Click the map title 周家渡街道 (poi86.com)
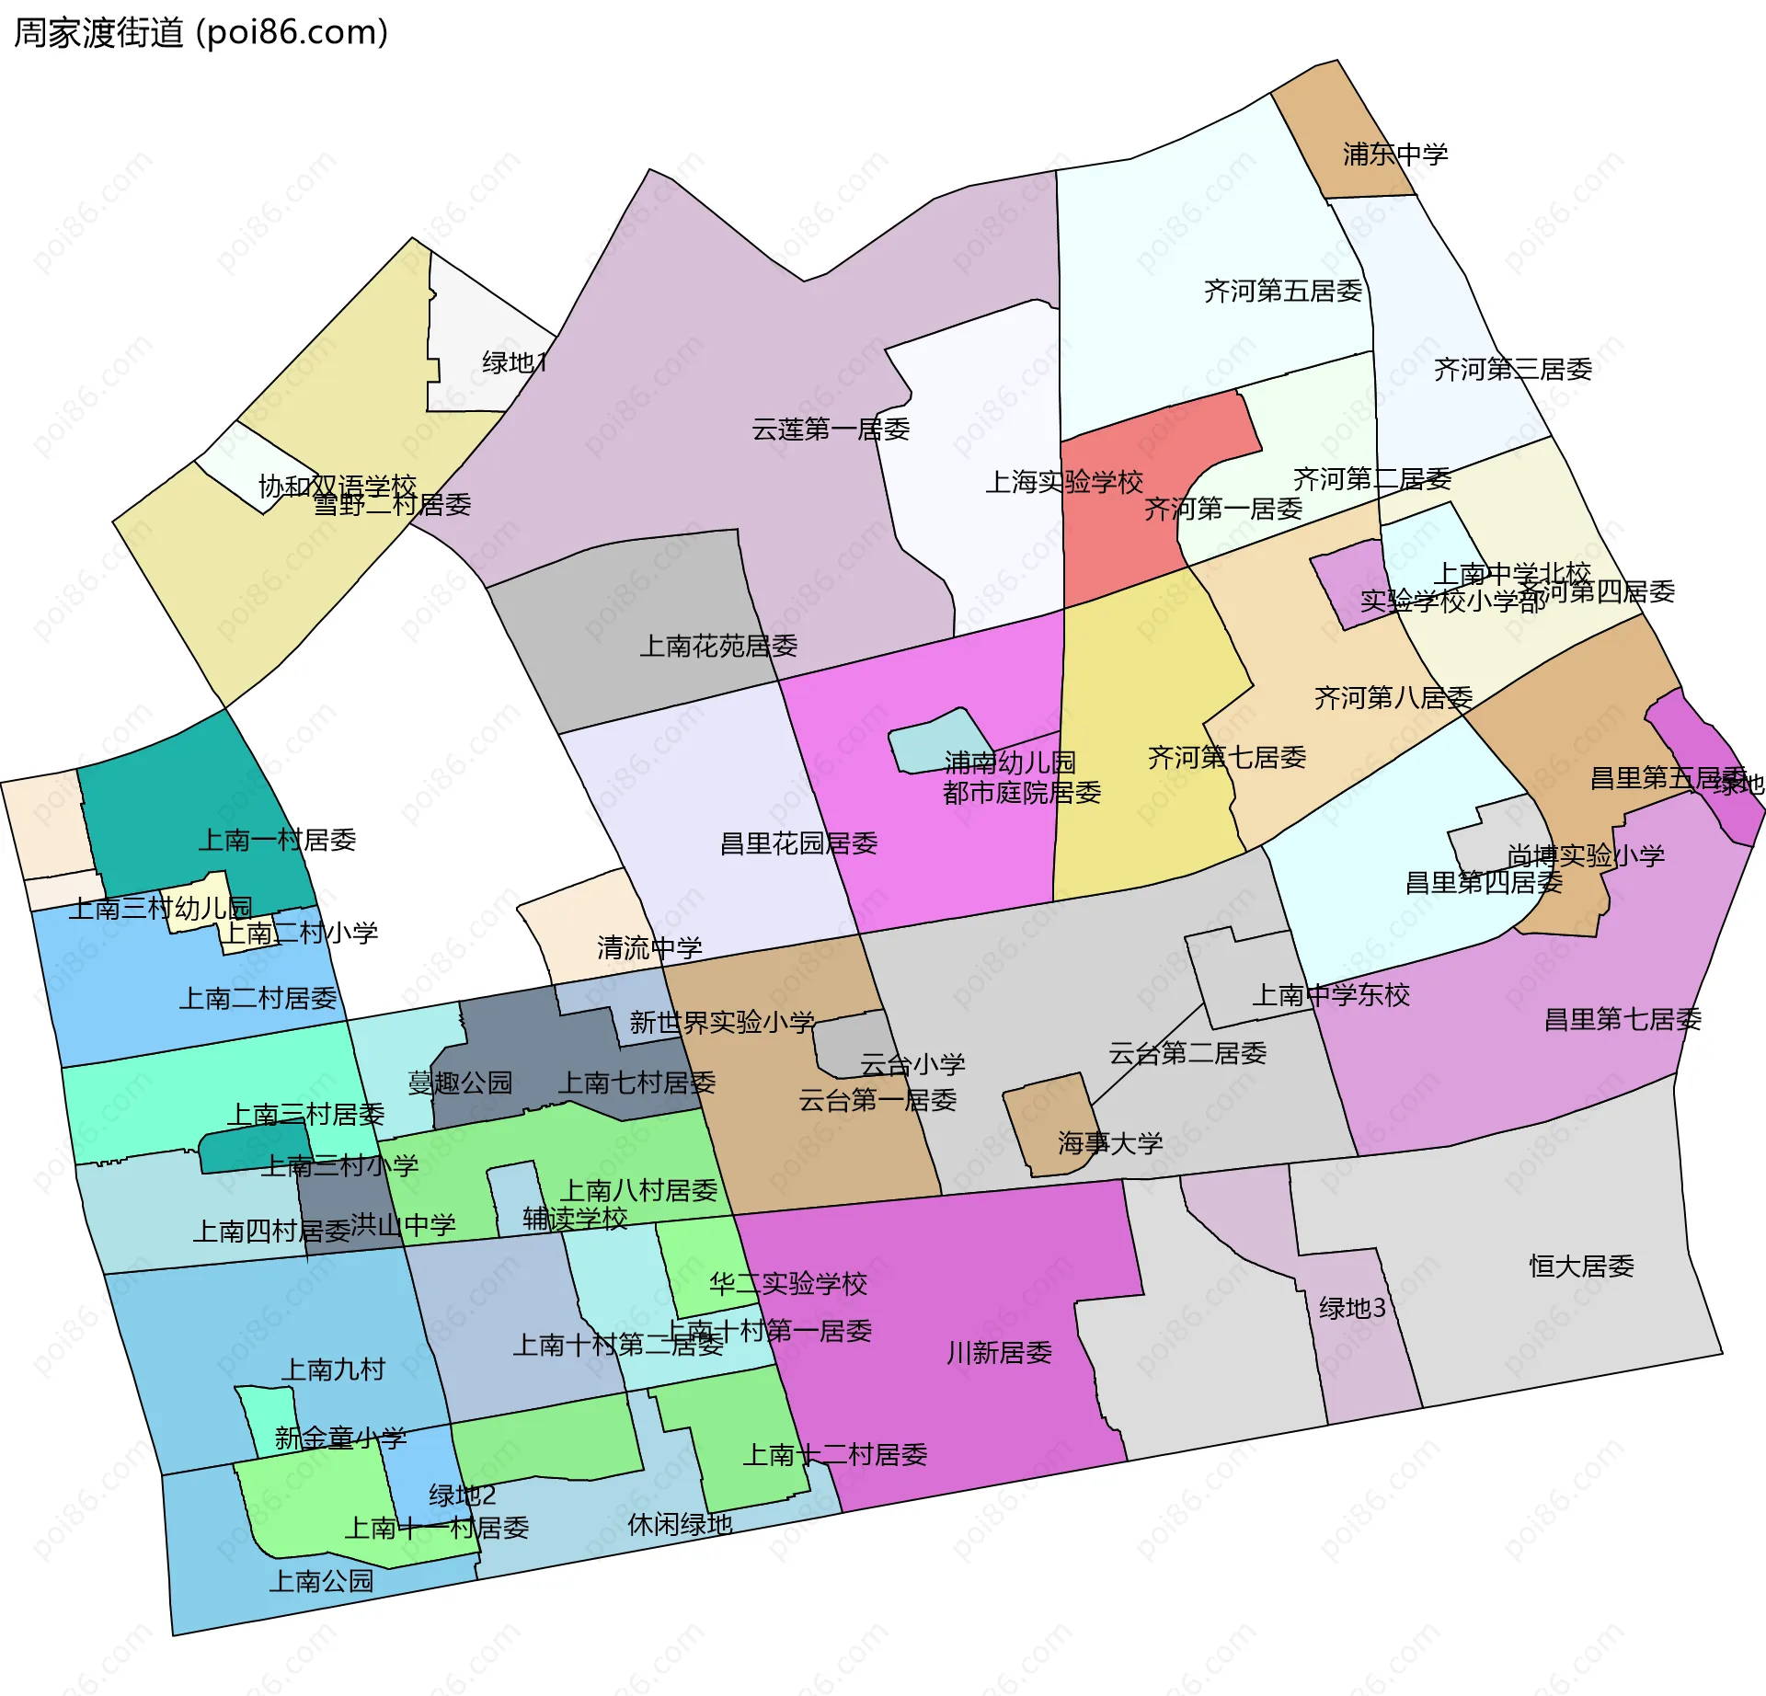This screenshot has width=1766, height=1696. point(201,33)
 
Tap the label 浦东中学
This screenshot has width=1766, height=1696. point(1394,154)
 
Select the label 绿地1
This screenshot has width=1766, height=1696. point(514,362)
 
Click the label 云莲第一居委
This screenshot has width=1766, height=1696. point(831,429)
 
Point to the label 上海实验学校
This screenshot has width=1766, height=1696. point(1063,481)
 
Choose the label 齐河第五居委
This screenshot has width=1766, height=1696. point(1282,291)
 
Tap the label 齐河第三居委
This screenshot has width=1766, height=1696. point(1512,369)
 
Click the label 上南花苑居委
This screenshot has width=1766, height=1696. point(717,646)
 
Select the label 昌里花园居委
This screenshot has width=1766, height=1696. point(798,842)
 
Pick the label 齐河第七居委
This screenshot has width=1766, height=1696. point(1226,757)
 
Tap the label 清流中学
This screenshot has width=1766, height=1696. point(648,947)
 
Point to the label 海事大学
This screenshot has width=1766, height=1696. point(1109,1142)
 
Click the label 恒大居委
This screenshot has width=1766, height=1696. point(1580,1266)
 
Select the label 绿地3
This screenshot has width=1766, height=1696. point(1351,1307)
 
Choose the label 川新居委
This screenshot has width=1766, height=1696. point(998,1352)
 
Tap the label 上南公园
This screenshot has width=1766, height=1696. point(320,1580)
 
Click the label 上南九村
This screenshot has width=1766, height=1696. point(333,1369)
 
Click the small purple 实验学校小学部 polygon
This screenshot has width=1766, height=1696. point(1347,582)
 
